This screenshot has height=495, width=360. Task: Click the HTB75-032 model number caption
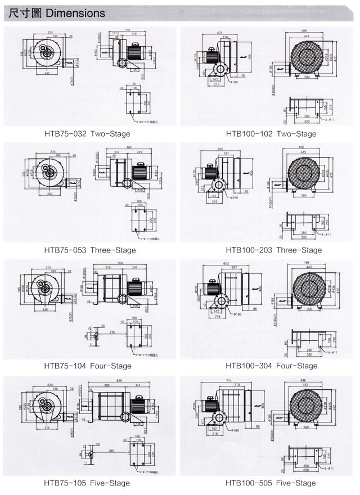(66, 134)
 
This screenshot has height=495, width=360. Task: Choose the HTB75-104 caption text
(66, 366)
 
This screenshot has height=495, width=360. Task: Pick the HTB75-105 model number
(66, 483)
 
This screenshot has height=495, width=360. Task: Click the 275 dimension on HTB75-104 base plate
(112, 333)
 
